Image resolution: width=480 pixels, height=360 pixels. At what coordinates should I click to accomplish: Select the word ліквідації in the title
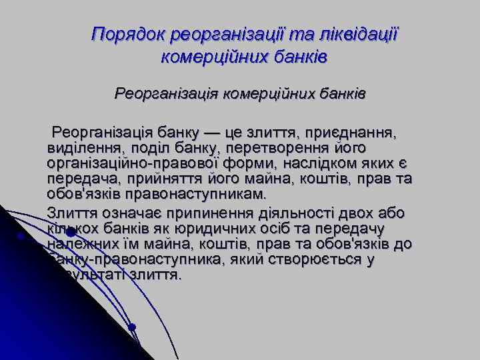[x=359, y=33]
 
